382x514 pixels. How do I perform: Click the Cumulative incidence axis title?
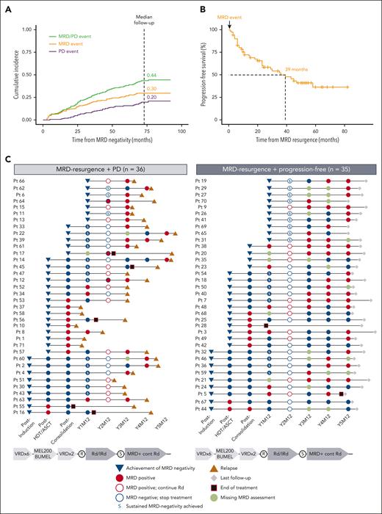7,73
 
